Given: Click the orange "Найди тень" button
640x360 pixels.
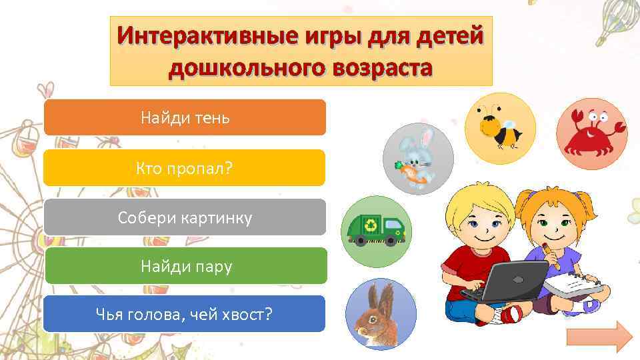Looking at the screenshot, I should click(185, 118).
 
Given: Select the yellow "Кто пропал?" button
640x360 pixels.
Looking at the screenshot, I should click(185, 167).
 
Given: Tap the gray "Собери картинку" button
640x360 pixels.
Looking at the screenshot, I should click(185, 217).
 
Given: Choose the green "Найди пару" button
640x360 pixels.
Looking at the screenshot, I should click(185, 267).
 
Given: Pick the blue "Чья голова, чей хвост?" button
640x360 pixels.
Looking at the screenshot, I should click(185, 314).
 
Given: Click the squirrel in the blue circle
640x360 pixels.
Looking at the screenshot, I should click(380, 313).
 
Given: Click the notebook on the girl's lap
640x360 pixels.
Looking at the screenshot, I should click(575, 283).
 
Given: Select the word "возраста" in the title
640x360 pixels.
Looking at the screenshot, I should click(374, 67).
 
